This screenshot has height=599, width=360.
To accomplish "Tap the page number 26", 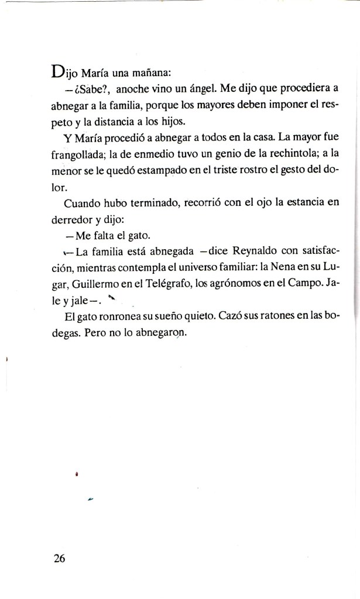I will (59, 557).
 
